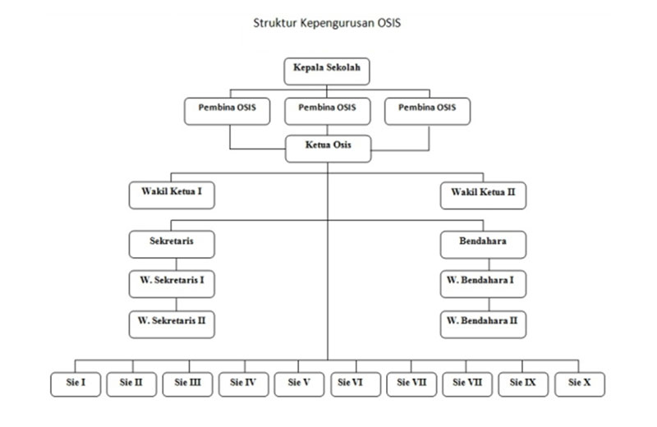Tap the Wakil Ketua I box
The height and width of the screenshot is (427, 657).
pos(172,195)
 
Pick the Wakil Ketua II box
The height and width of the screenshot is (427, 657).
pos(483,195)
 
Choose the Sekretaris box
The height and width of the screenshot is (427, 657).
pos(172,243)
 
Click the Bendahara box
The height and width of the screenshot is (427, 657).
pos(483,243)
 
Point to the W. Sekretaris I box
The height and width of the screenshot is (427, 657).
pos(172,282)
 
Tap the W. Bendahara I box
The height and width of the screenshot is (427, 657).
pos(483,282)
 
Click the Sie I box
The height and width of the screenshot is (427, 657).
pos(76,383)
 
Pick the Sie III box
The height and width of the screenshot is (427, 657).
pos(188,383)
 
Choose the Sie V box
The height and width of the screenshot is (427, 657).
pos(299,383)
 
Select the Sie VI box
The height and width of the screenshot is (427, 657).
pos(356,383)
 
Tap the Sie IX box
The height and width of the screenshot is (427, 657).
pos(523,383)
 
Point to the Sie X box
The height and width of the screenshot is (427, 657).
pos(580,383)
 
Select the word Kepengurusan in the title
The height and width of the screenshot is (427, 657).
pos(336,22)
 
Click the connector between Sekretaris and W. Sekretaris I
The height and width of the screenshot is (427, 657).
pos(172,263)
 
